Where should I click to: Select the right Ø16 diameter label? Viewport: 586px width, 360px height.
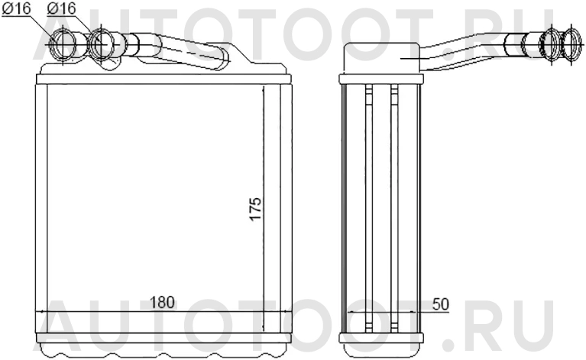(60, 8)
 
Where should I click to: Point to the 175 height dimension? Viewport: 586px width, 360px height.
(255, 208)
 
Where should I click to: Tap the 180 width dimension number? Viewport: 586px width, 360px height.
(161, 303)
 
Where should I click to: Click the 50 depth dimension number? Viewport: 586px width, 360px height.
(440, 304)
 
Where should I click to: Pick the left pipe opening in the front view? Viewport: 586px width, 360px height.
(63, 44)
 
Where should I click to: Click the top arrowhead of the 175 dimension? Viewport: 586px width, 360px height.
(264, 89)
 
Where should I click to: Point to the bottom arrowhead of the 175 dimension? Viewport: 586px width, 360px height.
(264, 327)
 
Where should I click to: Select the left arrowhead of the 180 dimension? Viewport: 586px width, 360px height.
(40, 313)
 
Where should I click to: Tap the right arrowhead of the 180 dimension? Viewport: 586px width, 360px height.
(287, 313)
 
